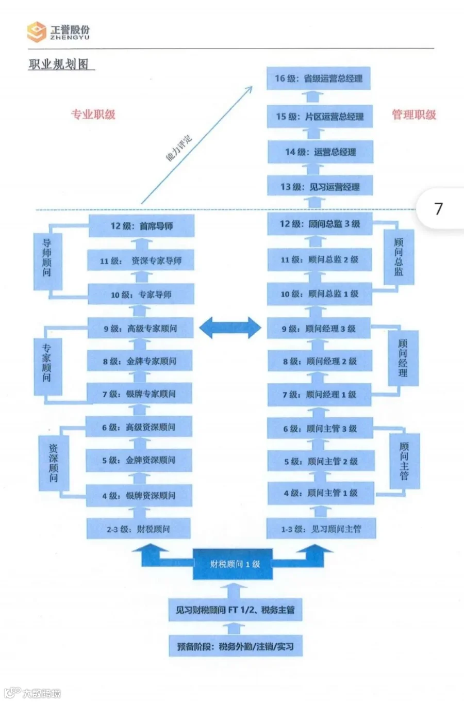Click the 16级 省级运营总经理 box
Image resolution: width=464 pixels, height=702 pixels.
click(x=319, y=78)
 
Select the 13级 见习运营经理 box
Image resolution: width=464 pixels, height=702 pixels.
click(x=320, y=187)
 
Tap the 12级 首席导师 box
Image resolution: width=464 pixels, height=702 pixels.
click(x=141, y=226)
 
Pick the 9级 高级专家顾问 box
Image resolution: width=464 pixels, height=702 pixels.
click(x=140, y=328)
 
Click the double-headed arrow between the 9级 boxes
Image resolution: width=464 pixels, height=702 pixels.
click(x=230, y=328)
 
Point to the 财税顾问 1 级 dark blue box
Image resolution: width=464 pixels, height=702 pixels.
click(x=234, y=564)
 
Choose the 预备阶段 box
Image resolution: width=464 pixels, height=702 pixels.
click(x=235, y=646)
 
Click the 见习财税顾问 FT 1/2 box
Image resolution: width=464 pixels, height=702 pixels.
click(x=235, y=610)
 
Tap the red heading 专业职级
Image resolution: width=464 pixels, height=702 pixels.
click(x=93, y=115)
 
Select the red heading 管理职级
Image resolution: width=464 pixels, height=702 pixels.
click(x=414, y=115)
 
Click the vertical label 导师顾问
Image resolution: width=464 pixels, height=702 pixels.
click(x=47, y=257)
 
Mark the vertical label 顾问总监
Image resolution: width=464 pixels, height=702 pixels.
click(x=399, y=257)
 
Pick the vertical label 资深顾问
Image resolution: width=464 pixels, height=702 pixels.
click(x=54, y=463)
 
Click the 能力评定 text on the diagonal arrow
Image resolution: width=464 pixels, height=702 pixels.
click(x=178, y=148)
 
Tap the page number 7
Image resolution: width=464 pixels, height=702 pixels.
click(x=439, y=208)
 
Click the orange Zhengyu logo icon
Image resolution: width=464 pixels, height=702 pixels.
click(x=37, y=31)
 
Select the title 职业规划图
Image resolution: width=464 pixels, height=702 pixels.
click(x=59, y=64)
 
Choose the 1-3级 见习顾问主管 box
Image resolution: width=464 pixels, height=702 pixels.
click(x=321, y=529)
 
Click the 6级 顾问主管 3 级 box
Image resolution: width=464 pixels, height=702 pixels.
click(x=320, y=428)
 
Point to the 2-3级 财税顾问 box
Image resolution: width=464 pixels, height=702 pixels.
click(x=138, y=529)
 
